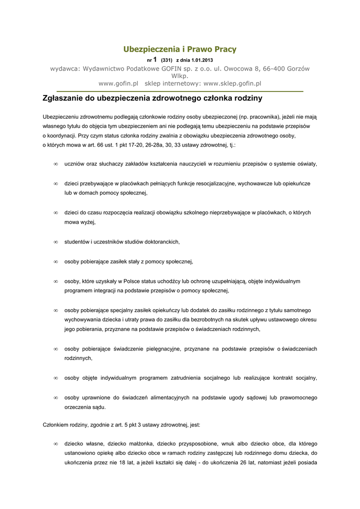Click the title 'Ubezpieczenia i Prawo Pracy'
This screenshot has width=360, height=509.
coord(180,49)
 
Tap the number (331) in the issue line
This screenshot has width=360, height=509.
coord(166,60)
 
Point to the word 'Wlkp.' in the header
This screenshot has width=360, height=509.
coord(180,76)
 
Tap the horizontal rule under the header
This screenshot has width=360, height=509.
coord(180,91)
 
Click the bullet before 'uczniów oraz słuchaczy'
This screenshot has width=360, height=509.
coord(56,164)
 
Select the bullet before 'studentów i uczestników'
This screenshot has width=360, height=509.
coord(56,242)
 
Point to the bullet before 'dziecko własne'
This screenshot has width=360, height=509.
coord(56,443)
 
